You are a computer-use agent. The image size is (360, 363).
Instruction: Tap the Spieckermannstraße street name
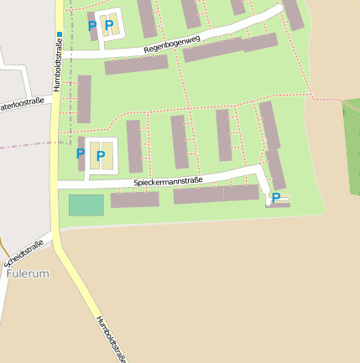(168, 179)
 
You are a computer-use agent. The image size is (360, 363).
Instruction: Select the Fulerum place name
(28, 273)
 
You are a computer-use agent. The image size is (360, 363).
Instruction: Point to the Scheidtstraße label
(23, 252)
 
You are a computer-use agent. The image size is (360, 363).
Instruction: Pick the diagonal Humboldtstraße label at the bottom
(111, 339)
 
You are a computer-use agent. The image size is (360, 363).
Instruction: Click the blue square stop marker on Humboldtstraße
(59, 35)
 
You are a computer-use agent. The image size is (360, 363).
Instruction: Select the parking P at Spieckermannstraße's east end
(275, 199)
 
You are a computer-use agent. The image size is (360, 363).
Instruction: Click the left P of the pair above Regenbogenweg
(92, 26)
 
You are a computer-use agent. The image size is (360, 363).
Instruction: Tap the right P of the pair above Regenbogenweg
(109, 26)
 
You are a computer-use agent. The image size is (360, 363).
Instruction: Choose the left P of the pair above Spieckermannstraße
(81, 154)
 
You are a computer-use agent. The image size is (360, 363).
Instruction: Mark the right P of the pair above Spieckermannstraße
(101, 156)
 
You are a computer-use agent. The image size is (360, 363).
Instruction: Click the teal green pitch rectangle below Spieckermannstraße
(86, 205)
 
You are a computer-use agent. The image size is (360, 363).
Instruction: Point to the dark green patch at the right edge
(352, 123)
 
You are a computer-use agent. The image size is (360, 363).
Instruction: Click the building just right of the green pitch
(134, 200)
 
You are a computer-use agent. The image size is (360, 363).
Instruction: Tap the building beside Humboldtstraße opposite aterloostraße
(84, 99)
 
